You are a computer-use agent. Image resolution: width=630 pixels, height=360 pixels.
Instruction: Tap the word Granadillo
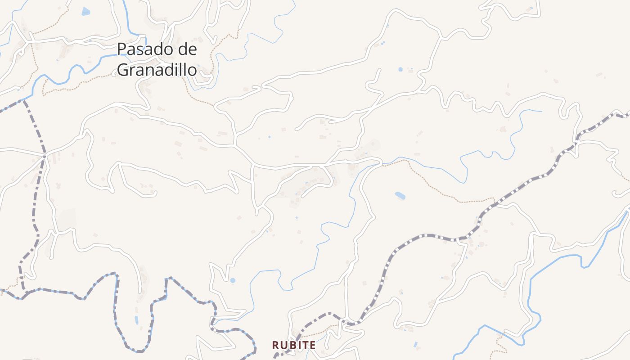(157, 70)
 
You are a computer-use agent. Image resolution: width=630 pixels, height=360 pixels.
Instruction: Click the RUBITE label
(294, 345)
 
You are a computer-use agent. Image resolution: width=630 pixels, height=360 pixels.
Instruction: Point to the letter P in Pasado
(121, 49)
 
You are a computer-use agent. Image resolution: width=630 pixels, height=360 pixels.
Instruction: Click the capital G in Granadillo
(122, 70)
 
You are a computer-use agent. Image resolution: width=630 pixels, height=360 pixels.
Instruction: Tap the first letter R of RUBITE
(275, 345)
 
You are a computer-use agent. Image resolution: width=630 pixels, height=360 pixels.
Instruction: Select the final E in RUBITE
(313, 345)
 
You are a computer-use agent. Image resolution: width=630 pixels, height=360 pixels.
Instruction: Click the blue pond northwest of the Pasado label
(85, 11)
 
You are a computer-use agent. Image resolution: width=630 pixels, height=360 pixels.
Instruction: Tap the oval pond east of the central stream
(400, 195)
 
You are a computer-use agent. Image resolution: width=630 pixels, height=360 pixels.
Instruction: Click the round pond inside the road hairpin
(232, 280)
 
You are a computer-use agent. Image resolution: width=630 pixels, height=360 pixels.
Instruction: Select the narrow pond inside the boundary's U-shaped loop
(136, 320)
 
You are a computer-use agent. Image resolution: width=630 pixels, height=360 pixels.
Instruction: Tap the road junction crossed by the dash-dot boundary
(44, 156)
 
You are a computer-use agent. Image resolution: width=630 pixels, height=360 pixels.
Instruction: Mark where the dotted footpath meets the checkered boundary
(495, 200)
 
